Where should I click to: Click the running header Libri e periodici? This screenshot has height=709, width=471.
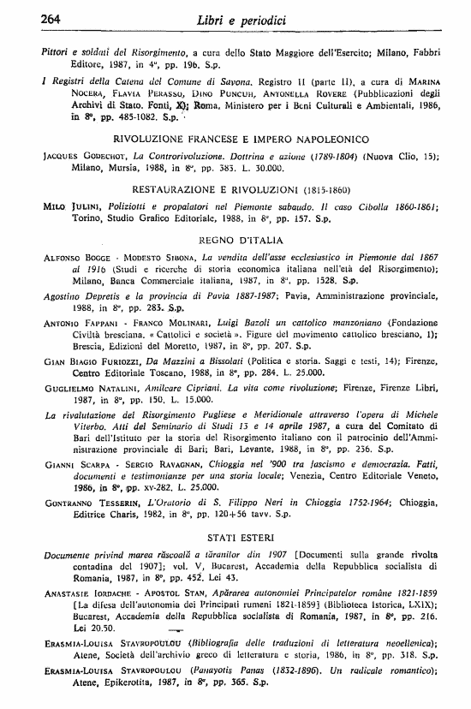[x=235, y=18]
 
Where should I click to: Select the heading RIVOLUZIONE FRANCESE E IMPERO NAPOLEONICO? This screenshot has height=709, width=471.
[x=241, y=138]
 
